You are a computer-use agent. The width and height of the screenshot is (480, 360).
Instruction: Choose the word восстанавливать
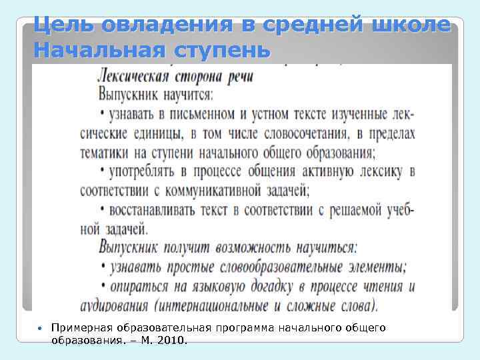pos(154,210)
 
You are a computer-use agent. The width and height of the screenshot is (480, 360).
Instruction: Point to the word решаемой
pos(346,210)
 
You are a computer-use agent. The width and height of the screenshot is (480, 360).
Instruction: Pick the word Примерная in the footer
pos(79,327)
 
